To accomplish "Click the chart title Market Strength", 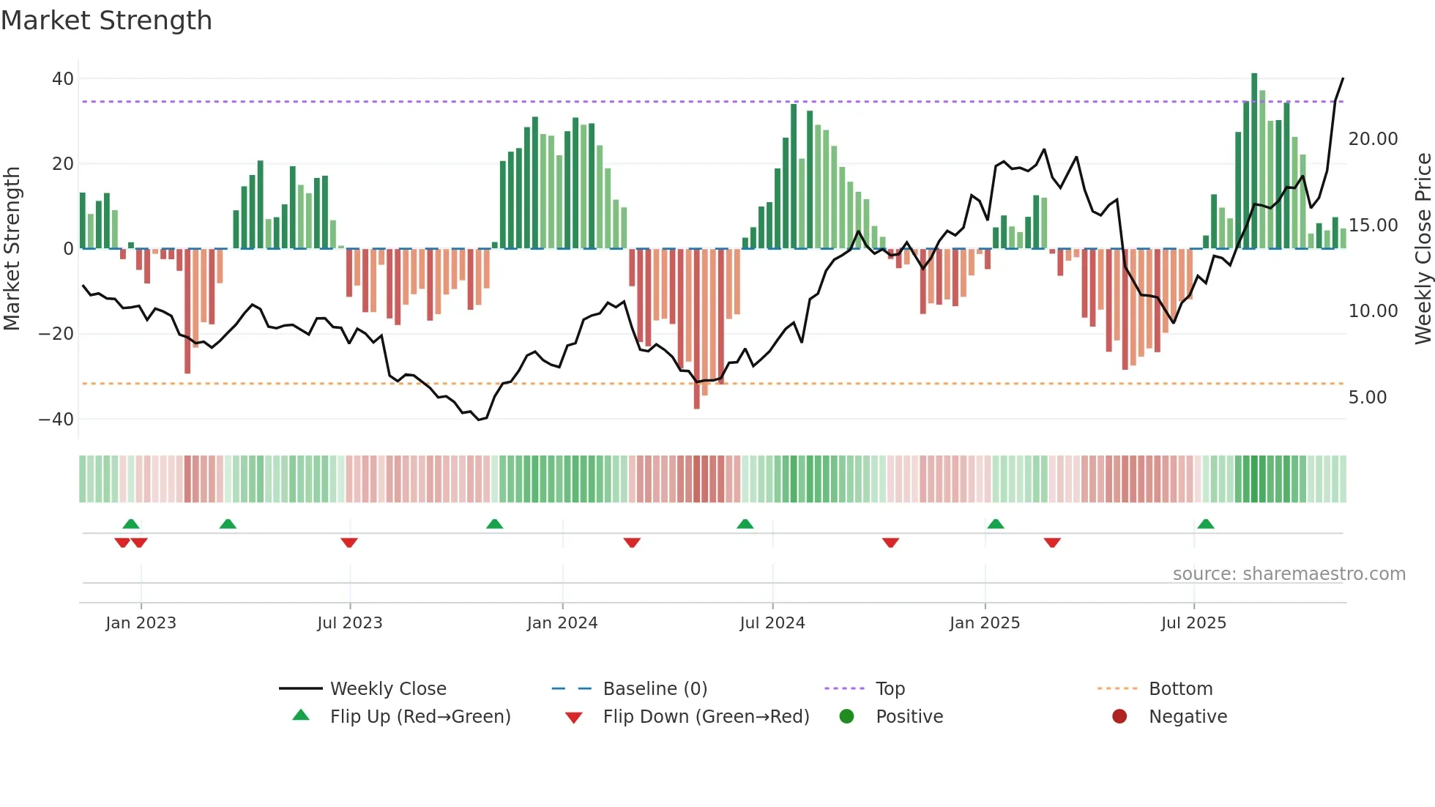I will pyautogui.click(x=106, y=21).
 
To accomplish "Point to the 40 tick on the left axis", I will pyautogui.click(x=63, y=78).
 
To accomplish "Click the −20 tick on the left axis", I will pyautogui.click(x=56, y=334).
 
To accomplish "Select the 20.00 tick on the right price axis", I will pyautogui.click(x=1373, y=139).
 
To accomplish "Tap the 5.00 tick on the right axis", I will pyautogui.click(x=1367, y=398).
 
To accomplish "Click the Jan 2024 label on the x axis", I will pyautogui.click(x=562, y=623).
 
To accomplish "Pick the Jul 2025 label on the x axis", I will pyautogui.click(x=1193, y=623).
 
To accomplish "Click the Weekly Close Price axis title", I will pyautogui.click(x=1423, y=249).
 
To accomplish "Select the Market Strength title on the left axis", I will pyautogui.click(x=12, y=249).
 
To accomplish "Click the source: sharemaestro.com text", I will pyautogui.click(x=1289, y=574).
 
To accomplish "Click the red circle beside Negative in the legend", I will pyautogui.click(x=1119, y=717).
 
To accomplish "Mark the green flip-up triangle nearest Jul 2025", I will pyautogui.click(x=1205, y=524).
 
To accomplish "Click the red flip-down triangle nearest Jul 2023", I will pyautogui.click(x=349, y=543).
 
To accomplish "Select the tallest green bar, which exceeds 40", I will pyautogui.click(x=1254, y=161).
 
